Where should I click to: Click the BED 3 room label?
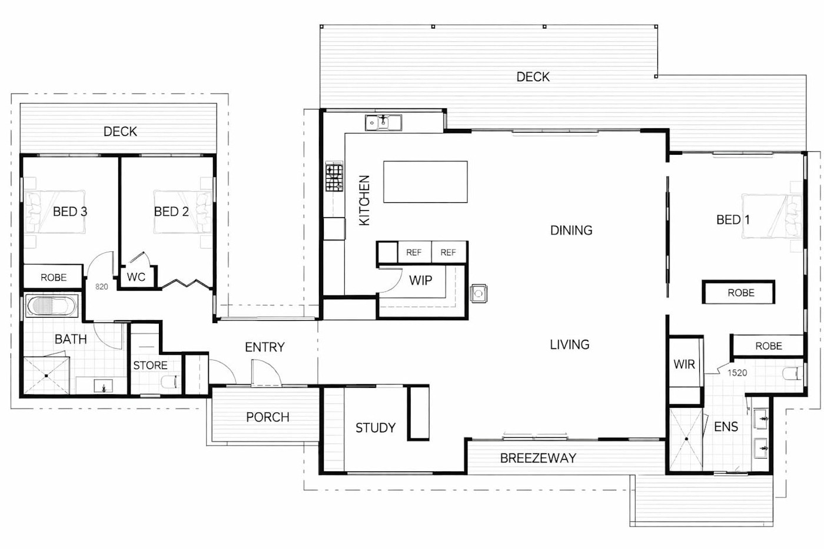(70, 211)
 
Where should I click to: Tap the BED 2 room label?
(171, 211)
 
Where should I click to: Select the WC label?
(136, 277)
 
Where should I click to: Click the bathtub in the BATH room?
(52, 305)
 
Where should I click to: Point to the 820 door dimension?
(101, 287)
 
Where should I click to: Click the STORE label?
(150, 365)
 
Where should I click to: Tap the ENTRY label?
(264, 347)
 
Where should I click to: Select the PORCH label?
(267, 417)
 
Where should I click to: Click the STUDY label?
(376, 428)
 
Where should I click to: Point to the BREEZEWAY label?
(538, 458)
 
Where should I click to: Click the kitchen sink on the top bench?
(383, 122)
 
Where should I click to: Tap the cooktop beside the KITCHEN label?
(334, 178)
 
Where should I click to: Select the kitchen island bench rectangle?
(425, 182)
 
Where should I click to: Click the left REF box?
(414, 252)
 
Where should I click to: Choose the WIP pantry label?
(420, 281)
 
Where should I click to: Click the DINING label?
(571, 231)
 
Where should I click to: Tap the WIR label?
(684, 364)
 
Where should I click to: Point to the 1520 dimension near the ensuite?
(737, 373)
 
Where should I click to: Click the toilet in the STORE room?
(170, 382)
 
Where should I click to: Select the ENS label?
(726, 427)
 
